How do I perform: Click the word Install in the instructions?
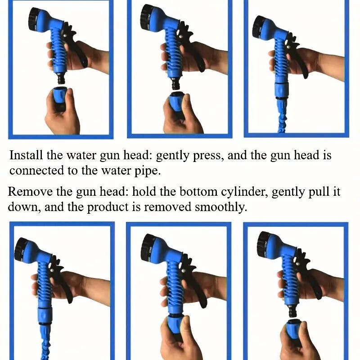point(26,155)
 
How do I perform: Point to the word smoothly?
point(221,207)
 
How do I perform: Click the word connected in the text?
point(36,171)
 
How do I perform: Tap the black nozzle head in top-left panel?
point(35,17)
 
